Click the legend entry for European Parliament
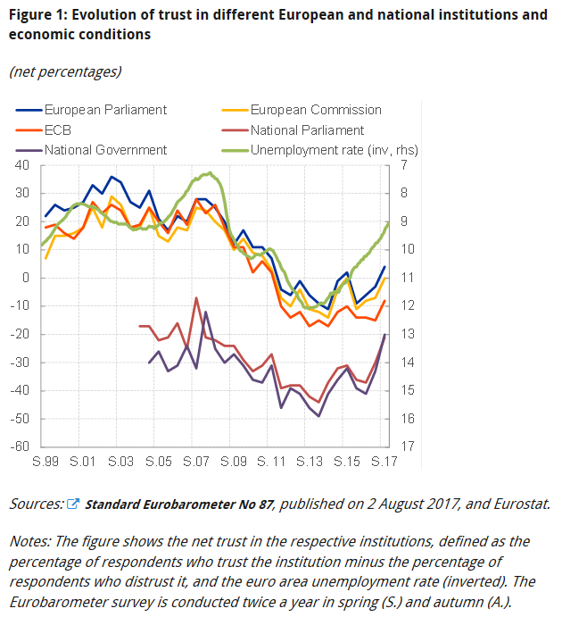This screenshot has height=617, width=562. click(x=105, y=110)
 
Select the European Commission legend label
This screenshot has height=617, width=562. click(x=315, y=110)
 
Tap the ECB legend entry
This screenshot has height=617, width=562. click(x=59, y=129)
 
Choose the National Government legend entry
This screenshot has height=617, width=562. click(x=105, y=150)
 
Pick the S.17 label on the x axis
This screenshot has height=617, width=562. click(x=384, y=463)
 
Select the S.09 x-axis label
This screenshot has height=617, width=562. click(x=233, y=463)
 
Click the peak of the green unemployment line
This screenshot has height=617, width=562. click(x=209, y=172)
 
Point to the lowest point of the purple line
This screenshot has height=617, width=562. click(x=319, y=416)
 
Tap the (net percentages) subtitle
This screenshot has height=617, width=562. click(x=65, y=71)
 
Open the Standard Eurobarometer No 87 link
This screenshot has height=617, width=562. click(x=181, y=504)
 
